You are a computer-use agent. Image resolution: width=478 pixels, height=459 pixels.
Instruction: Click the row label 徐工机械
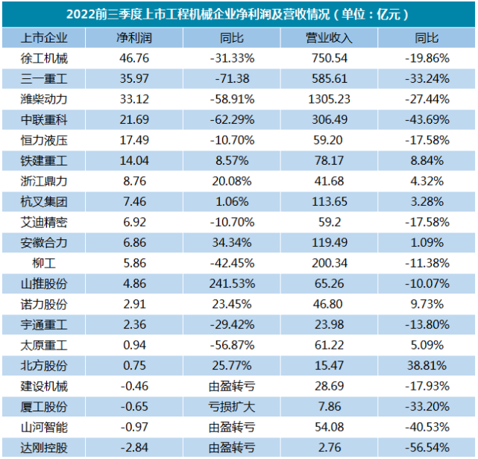coord(45,57)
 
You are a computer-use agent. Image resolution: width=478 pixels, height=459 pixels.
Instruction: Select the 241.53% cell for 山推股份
coord(232,283)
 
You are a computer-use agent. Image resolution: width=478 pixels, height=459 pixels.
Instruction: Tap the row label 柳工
coord(45,263)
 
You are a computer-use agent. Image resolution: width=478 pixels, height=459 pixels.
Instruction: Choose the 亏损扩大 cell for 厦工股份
coord(232,406)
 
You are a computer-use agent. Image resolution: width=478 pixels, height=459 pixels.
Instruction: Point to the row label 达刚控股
coord(45,447)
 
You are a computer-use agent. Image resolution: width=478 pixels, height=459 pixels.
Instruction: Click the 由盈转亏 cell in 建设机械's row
coord(232,386)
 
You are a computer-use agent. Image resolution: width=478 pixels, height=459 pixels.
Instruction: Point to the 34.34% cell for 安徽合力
coord(232,242)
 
